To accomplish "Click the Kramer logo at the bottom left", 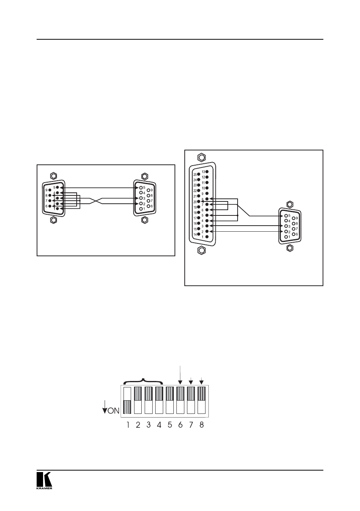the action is point(44,480).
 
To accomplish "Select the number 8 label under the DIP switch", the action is point(202,425).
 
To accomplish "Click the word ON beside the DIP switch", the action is point(113,411).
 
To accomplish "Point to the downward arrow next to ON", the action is point(105,407).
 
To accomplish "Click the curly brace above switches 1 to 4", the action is point(143,382).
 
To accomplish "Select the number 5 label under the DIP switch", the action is point(170,425).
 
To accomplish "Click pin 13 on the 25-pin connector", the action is point(207,172).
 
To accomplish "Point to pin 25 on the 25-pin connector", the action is point(199,174).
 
